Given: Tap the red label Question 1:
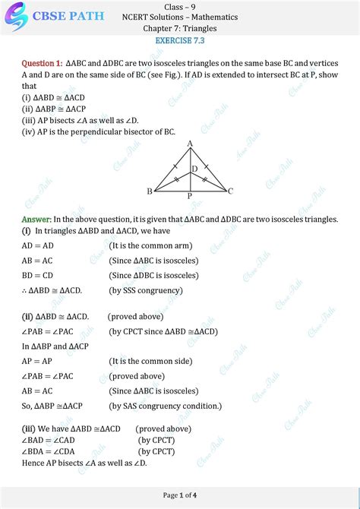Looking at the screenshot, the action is pyautogui.click(x=43, y=63).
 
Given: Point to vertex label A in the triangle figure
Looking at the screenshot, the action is pyautogui.click(x=189, y=144).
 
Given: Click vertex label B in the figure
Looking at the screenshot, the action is pyautogui.click(x=150, y=191).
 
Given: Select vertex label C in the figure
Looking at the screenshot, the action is pyautogui.click(x=230, y=191).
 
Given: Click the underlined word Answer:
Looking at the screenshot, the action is pyautogui.click(x=36, y=219).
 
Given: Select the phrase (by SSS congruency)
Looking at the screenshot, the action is pyautogui.click(x=146, y=289).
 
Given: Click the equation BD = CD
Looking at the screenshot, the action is pyautogui.click(x=38, y=275).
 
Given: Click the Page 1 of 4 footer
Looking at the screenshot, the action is pyautogui.click(x=180, y=495).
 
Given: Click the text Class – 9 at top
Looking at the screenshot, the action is pyautogui.click(x=180, y=6).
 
